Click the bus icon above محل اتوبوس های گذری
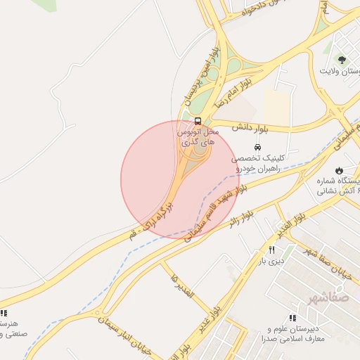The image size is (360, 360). tap(198, 121)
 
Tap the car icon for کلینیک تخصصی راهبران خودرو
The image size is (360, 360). tap(257, 148)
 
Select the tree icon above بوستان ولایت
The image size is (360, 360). tap(342, 60)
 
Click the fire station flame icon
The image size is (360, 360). tap(340, 170)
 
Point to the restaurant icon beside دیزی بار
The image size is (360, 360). tap(271, 250)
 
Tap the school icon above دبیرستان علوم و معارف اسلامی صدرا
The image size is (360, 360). tap(292, 318)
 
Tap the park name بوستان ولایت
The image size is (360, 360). tap(339, 72)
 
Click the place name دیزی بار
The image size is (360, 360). tap(268, 262)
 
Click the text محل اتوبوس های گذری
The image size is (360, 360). tap(198, 136)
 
